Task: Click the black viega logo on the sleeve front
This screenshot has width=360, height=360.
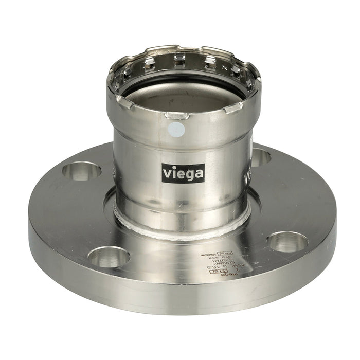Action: point(183,172)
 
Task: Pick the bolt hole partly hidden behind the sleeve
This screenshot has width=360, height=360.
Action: point(260,156)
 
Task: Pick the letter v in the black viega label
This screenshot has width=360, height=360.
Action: point(166,172)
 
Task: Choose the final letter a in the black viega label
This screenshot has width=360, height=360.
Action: point(200,173)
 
